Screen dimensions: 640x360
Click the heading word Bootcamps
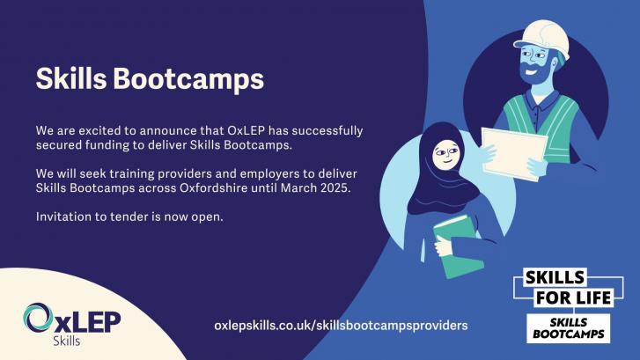coord(188,78)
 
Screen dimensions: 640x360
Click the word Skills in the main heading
coord(71,77)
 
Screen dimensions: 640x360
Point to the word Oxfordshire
coord(213,187)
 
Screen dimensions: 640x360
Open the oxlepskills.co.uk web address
coord(341,326)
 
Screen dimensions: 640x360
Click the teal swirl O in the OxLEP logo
coord(38,317)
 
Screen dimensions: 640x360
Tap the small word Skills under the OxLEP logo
coord(67,341)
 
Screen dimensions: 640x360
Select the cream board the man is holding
coord(514,153)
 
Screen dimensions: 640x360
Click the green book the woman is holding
coord(459,246)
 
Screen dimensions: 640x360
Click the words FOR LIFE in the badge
coord(573,298)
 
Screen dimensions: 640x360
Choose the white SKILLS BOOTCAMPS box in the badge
coord(568,328)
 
